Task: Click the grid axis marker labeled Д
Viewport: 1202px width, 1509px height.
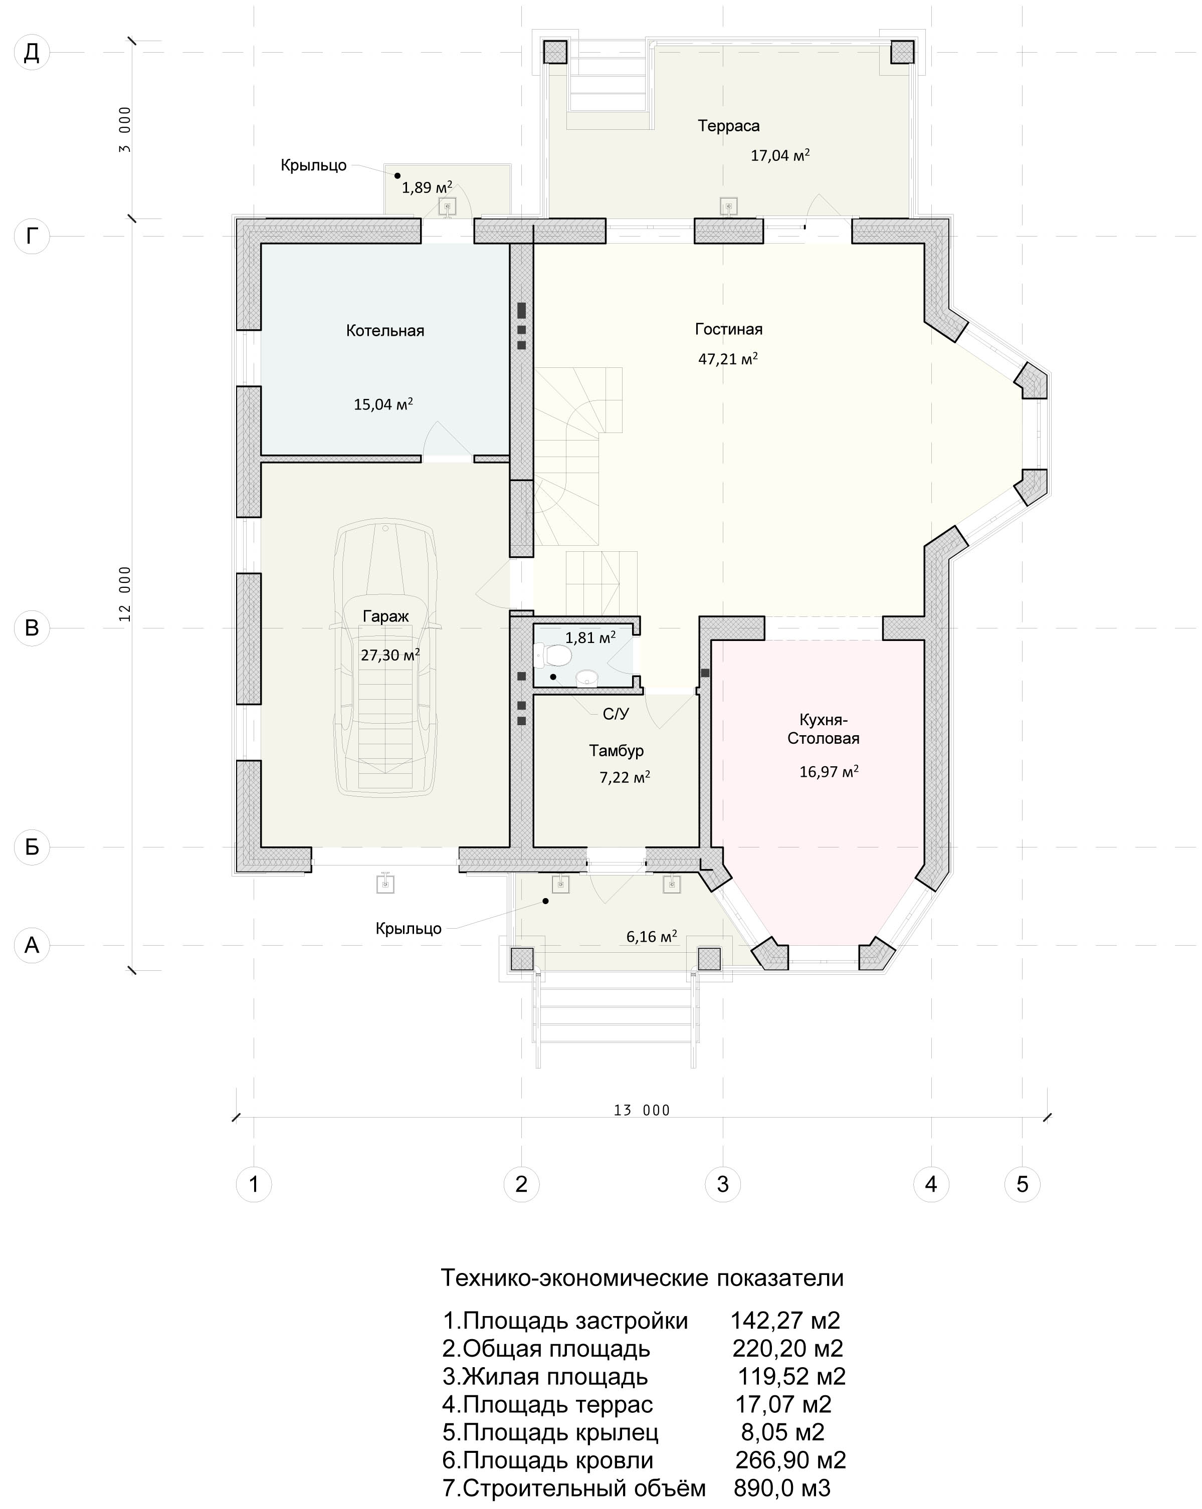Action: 32,53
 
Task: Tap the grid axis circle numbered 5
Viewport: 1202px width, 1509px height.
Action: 1022,1184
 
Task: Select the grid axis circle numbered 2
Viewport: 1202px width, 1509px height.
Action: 521,1184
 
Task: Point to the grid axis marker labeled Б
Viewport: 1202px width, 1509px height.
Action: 32,847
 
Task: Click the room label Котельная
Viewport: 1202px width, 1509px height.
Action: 385,330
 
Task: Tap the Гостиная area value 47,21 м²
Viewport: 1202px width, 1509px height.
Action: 728,359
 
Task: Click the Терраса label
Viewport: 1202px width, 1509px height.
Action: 728,126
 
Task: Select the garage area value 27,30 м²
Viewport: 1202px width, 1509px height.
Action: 390,655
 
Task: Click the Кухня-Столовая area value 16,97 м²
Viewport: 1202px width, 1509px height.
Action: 829,772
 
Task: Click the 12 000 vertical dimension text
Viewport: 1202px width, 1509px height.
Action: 125,593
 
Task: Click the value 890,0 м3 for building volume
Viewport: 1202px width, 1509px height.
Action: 782,1488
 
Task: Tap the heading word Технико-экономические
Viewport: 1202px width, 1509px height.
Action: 575,1278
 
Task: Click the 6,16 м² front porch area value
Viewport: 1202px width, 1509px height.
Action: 652,937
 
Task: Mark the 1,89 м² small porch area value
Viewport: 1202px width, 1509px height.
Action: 427,187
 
